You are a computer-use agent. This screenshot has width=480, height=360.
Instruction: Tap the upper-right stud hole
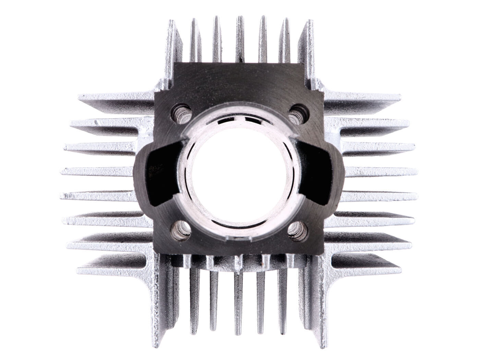point(297,112)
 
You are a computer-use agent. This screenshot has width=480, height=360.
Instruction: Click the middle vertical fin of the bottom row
point(238,302)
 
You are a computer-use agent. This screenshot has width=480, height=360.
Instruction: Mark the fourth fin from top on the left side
point(98,170)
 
